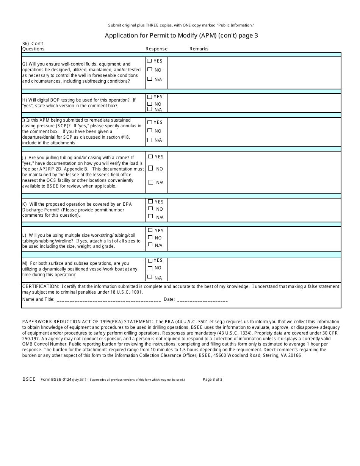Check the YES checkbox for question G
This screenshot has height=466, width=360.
coord(149,61)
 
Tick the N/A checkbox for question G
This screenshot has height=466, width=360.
coord(150,79)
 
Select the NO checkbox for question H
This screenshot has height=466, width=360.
coord(150,104)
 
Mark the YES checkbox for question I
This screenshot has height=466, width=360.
coord(150,122)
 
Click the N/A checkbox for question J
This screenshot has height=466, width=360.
coord(151,182)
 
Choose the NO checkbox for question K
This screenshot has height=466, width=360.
coord(150,208)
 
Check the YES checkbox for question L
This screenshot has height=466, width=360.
coord(150,230)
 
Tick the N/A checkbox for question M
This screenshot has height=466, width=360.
coord(150,277)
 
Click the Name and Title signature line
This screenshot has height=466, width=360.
coord(108,300)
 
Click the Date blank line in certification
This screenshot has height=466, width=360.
coord(202,300)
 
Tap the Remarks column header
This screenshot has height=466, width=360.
coord(199,49)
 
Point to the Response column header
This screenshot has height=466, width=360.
coord(157,49)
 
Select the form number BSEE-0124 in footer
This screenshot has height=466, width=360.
coord(56,379)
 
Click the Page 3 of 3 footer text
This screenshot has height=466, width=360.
coord(213,379)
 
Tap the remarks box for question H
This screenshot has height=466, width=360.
coord(254,103)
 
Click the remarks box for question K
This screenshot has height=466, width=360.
coord(254,210)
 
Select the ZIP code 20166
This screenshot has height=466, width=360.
coord(294,355)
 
